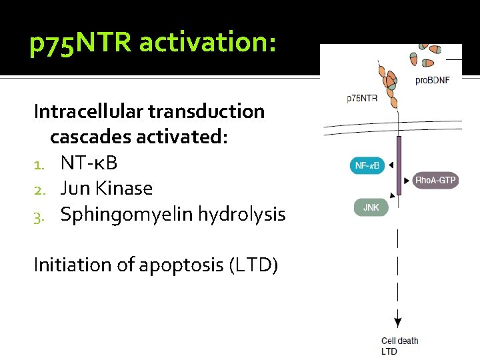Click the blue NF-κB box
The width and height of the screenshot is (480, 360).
pyautogui.click(x=367, y=165)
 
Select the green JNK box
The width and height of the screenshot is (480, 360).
pyautogui.click(x=370, y=207)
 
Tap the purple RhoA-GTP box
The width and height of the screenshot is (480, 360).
pyautogui.click(x=436, y=181)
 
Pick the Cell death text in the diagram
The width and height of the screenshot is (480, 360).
pyautogui.click(x=399, y=341)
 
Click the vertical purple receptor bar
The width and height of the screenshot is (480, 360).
pyautogui.click(x=399, y=165)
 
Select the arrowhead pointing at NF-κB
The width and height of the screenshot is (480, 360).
pyautogui.click(x=391, y=165)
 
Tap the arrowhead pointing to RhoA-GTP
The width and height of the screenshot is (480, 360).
pyautogui.click(x=407, y=181)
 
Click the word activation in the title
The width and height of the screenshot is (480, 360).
pyautogui.click(x=207, y=44)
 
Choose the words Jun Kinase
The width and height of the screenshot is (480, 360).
pyautogui.click(x=107, y=189)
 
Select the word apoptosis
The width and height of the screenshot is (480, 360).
pyautogui.click(x=184, y=265)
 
